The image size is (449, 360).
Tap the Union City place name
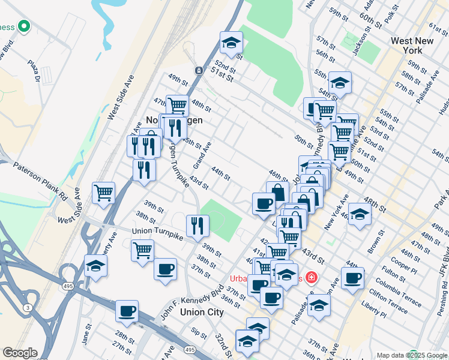pyautogui.click(x=202, y=312)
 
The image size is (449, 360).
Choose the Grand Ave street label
pyautogui.click(x=202, y=155)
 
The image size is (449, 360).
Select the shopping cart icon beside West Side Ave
pyautogui.click(x=104, y=193)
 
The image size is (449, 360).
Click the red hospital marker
pyautogui.click(x=312, y=277)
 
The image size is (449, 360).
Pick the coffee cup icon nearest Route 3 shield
pyautogui.click(x=127, y=311)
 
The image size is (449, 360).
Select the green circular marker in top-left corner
pyautogui.click(x=24, y=26)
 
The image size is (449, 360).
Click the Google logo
pyautogui.click(x=20, y=353)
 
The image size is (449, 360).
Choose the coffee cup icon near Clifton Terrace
pyautogui.click(x=353, y=277)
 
